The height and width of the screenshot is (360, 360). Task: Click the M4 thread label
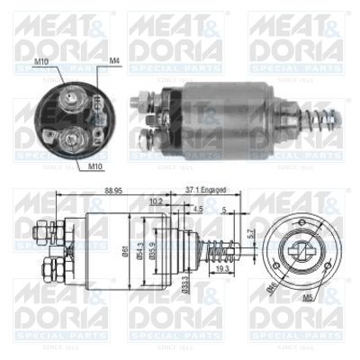point(114,60)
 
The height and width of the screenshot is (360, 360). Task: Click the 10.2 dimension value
point(156,202)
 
